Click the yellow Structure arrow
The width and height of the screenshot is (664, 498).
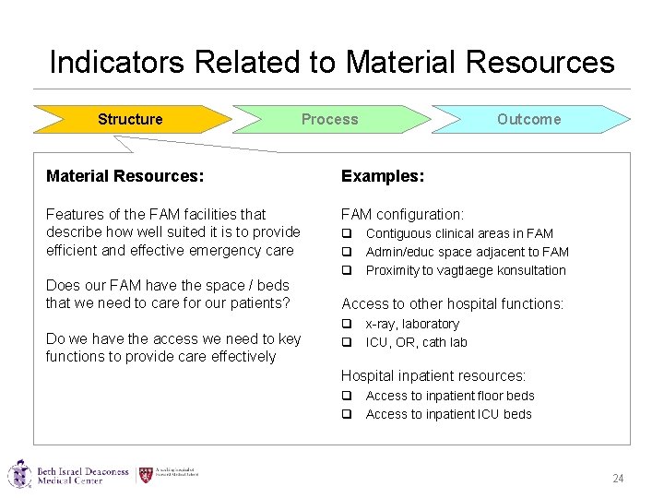click(130, 119)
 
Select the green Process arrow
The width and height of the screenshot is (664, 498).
click(329, 119)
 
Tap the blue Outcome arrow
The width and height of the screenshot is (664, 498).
click(528, 119)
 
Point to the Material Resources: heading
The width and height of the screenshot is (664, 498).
click(125, 175)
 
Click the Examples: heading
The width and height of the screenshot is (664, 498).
click(383, 175)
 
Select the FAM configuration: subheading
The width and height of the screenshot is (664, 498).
click(402, 214)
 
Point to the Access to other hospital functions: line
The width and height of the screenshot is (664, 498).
click(453, 303)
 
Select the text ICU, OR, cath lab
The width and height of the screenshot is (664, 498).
click(416, 342)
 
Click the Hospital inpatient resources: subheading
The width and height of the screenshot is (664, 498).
click(433, 375)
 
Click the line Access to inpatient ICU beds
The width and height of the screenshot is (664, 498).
click(448, 414)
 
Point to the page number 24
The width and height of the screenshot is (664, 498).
click(618, 479)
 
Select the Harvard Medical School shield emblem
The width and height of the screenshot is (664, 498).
click(146, 475)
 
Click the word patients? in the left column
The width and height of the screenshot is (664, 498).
click(260, 302)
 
